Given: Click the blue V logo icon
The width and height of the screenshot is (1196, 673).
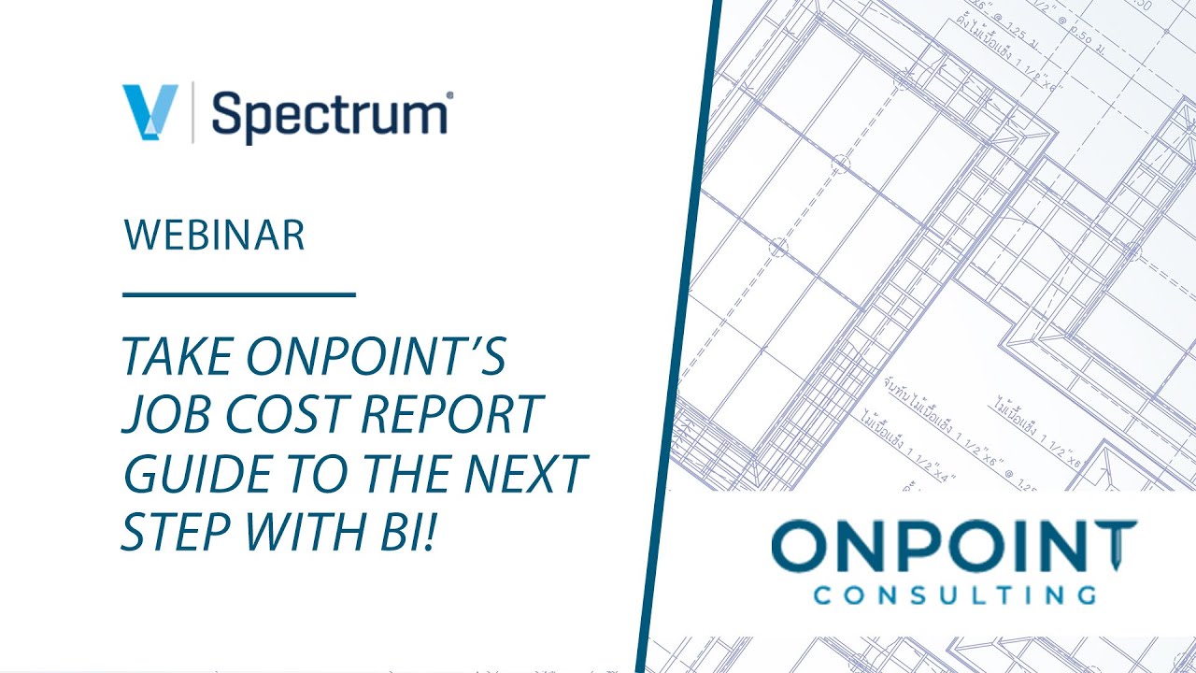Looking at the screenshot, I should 149,112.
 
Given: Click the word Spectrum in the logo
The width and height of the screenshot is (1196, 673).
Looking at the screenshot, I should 329,114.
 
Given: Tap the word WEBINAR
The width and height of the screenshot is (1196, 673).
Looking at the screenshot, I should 214,235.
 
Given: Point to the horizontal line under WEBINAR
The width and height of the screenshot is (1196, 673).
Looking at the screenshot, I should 239,294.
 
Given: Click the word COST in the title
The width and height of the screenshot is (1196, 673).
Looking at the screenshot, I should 279,413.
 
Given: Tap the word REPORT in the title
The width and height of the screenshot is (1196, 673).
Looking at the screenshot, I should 448,413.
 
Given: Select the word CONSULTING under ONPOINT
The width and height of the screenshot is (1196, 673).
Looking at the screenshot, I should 953,595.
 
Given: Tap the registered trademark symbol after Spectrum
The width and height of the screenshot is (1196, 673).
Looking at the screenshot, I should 451,95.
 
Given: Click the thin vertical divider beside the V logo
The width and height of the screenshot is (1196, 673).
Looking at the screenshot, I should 193,112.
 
